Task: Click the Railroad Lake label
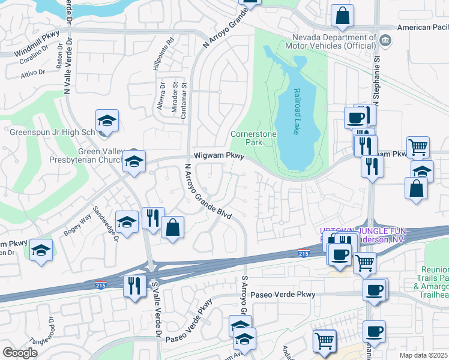click(297, 112)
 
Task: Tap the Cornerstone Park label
click(254, 138)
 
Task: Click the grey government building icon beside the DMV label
click(385, 41)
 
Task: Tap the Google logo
click(20, 353)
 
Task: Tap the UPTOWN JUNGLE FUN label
click(364, 231)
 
